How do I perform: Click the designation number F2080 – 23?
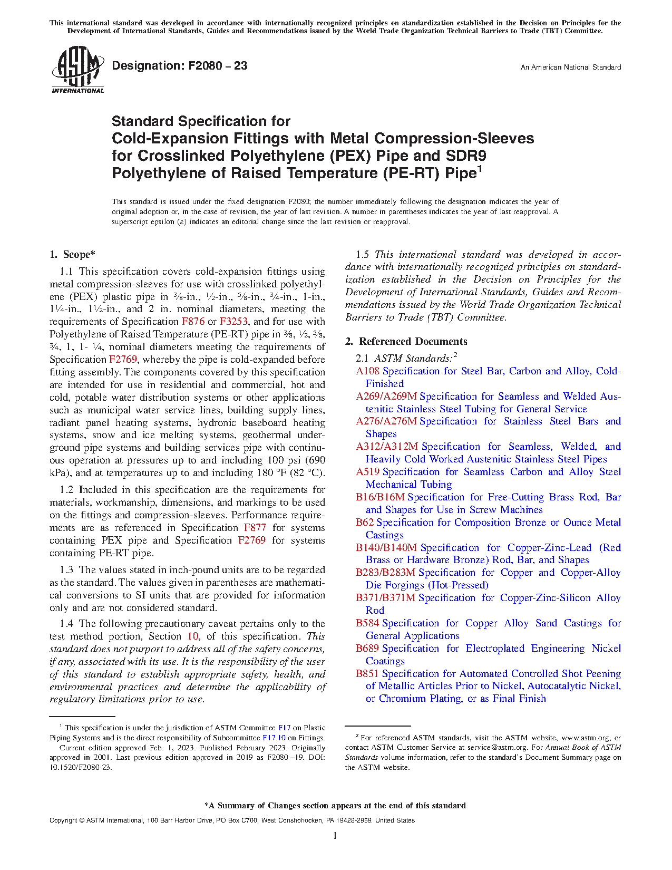180,66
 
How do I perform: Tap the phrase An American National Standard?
570,67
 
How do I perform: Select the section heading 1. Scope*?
73,255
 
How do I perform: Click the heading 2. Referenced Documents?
406,342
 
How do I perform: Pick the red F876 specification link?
193,322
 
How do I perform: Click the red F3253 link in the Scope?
233,322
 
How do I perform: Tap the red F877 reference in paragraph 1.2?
255,528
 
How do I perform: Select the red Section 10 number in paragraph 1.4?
193,636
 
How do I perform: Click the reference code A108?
367,371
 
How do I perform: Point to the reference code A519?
367,472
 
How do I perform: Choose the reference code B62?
364,523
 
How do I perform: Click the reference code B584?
367,623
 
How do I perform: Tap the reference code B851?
367,674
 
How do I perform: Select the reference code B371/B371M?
385,598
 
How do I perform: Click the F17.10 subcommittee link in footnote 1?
274,738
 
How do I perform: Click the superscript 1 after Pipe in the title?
480,169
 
